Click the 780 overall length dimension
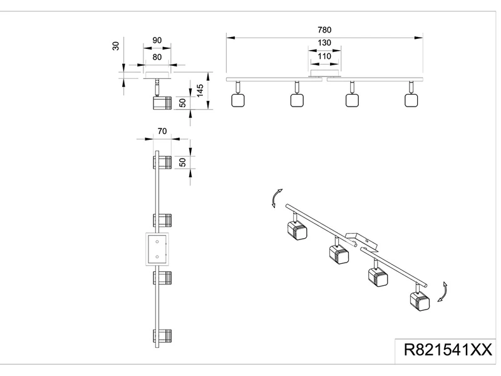point(323,30)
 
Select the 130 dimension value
point(323,43)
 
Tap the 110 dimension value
point(323,56)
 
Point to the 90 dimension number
point(157,40)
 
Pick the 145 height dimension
point(200,90)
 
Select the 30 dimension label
point(116,47)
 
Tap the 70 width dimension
point(161,132)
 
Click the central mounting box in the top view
point(155,249)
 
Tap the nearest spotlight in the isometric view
point(418,301)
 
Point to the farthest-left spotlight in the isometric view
point(296,231)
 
